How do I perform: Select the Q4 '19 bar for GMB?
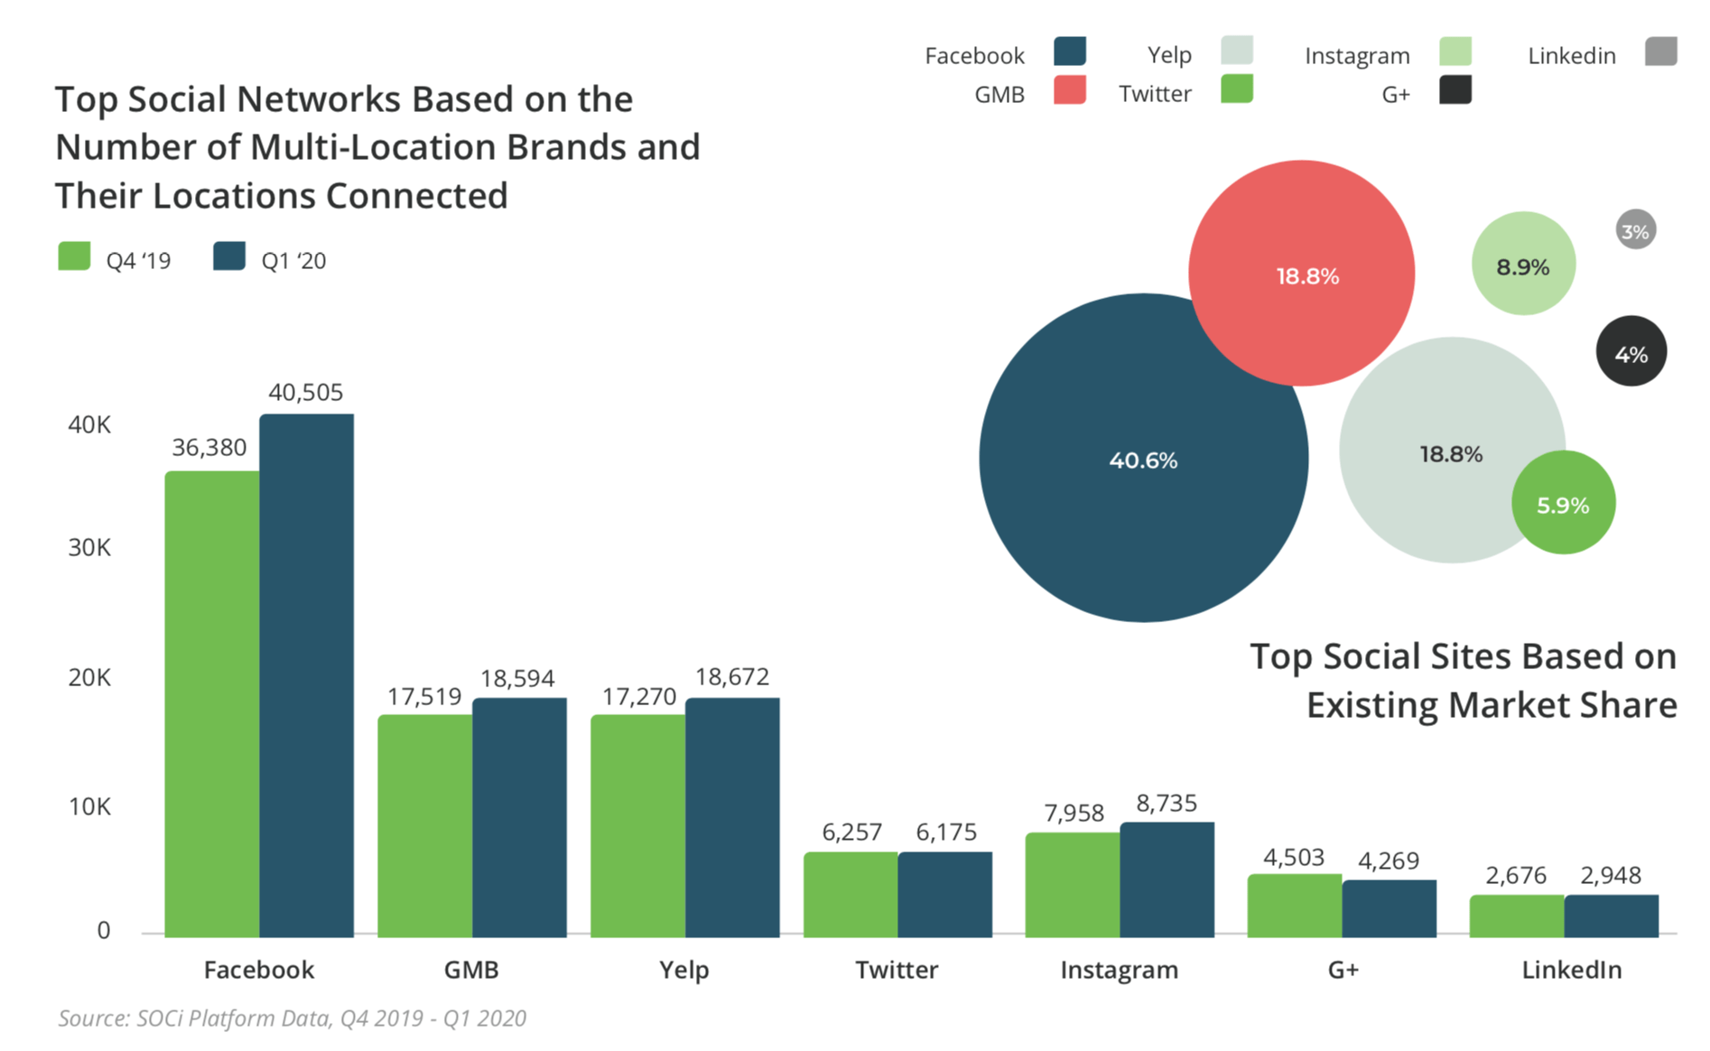click(424, 825)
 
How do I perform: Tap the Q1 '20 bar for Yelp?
click(732, 817)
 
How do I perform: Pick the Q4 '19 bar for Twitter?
click(850, 894)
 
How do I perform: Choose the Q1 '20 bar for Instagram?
click(1166, 879)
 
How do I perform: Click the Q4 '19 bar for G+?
click(1294, 905)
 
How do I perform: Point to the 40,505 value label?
click(306, 392)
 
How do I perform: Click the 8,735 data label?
click(1166, 803)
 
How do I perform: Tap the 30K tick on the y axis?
click(89, 547)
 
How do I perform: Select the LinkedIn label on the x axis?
click(1571, 970)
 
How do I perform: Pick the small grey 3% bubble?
click(1635, 231)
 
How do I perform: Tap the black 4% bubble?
click(1631, 351)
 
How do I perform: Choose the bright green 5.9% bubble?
click(1563, 503)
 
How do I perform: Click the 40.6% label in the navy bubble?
click(1143, 460)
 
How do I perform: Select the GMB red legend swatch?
click(1069, 90)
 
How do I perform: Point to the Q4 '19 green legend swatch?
click(74, 256)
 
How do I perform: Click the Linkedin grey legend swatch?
click(1660, 51)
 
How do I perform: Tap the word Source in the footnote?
click(93, 1018)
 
